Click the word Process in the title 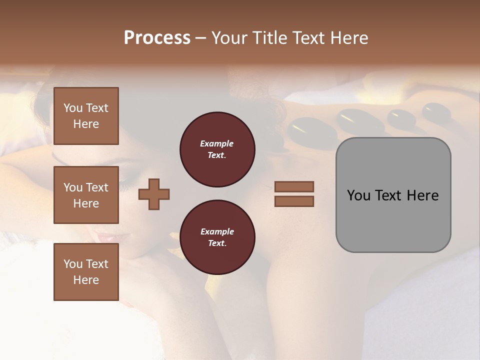(x=157, y=38)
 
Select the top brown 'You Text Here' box (x=86, y=116)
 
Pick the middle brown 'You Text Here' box (x=86, y=195)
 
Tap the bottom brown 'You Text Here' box (x=86, y=271)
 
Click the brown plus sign (x=154, y=193)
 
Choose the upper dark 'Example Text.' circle (x=217, y=149)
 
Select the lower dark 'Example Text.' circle (x=217, y=237)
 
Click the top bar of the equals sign (x=294, y=186)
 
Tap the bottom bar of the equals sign (x=294, y=201)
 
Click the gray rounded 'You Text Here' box (x=393, y=195)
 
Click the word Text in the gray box (x=388, y=195)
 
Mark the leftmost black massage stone (x=304, y=130)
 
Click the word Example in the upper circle (x=217, y=143)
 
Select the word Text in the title (x=306, y=38)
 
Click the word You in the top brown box (x=73, y=108)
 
